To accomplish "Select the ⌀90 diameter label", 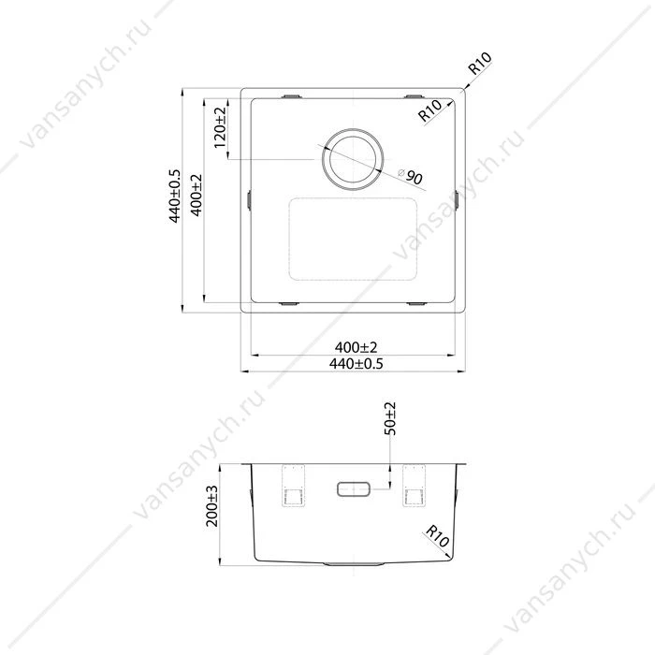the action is coord(410,177).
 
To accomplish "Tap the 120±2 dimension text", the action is coord(220,127).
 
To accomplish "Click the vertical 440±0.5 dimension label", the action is coord(175,196).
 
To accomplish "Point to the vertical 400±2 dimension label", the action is coord(196,195).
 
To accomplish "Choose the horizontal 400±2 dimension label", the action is coord(356,347).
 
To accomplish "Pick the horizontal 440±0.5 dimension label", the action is coord(356,363).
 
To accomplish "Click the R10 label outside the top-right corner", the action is coord(480,64).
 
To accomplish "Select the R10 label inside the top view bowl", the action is coord(429,110).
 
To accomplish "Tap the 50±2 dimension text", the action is coord(390,418).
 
